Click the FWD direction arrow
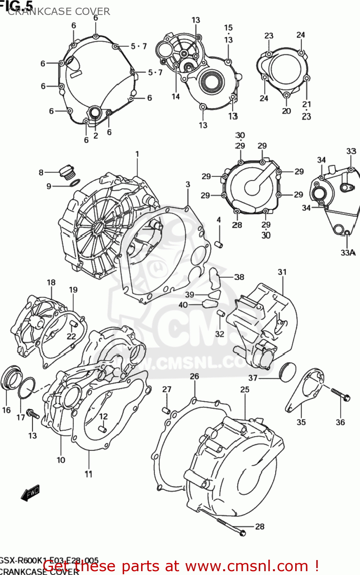pyautogui.click(x=30, y=493)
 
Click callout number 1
pyautogui.click(x=137, y=154)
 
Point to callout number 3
pyautogui.click(x=188, y=184)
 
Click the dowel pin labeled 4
pyautogui.click(x=219, y=244)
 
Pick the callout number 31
pyautogui.click(x=282, y=272)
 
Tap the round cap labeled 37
pyautogui.click(x=288, y=371)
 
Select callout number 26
pyautogui.click(x=194, y=376)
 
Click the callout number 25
pyautogui.click(x=245, y=389)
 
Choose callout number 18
pyautogui.click(x=51, y=283)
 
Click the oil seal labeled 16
pyautogui.click(x=11, y=378)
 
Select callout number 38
pyautogui.click(x=239, y=277)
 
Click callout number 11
pyautogui.click(x=89, y=474)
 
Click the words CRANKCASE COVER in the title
pyautogui.click(x=59, y=11)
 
